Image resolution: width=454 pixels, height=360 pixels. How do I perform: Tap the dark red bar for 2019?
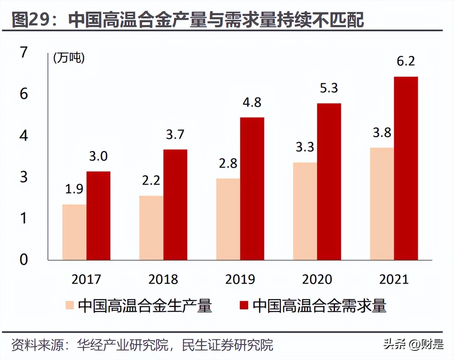(x=252, y=189)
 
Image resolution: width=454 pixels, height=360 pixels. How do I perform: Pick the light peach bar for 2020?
(x=305, y=211)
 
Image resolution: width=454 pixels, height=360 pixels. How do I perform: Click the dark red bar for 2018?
(x=175, y=205)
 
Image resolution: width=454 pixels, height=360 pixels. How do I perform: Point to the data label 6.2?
(x=406, y=61)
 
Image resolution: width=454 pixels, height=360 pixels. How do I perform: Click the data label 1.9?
(x=74, y=189)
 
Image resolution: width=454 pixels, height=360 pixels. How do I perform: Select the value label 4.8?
(x=252, y=103)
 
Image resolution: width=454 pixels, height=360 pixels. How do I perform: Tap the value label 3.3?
(x=305, y=147)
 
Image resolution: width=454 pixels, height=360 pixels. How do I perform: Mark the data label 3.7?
(x=175, y=134)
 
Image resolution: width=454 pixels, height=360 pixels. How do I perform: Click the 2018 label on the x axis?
(x=163, y=279)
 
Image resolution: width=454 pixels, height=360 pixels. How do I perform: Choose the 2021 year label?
(x=394, y=279)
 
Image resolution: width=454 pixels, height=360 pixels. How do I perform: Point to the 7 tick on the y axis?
(x=24, y=52)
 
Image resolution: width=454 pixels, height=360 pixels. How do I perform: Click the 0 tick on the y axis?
(x=24, y=259)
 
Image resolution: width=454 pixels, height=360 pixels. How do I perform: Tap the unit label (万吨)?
(x=69, y=58)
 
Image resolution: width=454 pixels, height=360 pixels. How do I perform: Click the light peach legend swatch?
(x=69, y=305)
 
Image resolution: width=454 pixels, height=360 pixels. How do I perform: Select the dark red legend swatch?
(x=244, y=305)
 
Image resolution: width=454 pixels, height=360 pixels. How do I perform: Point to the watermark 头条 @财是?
(x=413, y=344)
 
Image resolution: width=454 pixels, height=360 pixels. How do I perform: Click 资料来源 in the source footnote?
(x=38, y=345)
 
